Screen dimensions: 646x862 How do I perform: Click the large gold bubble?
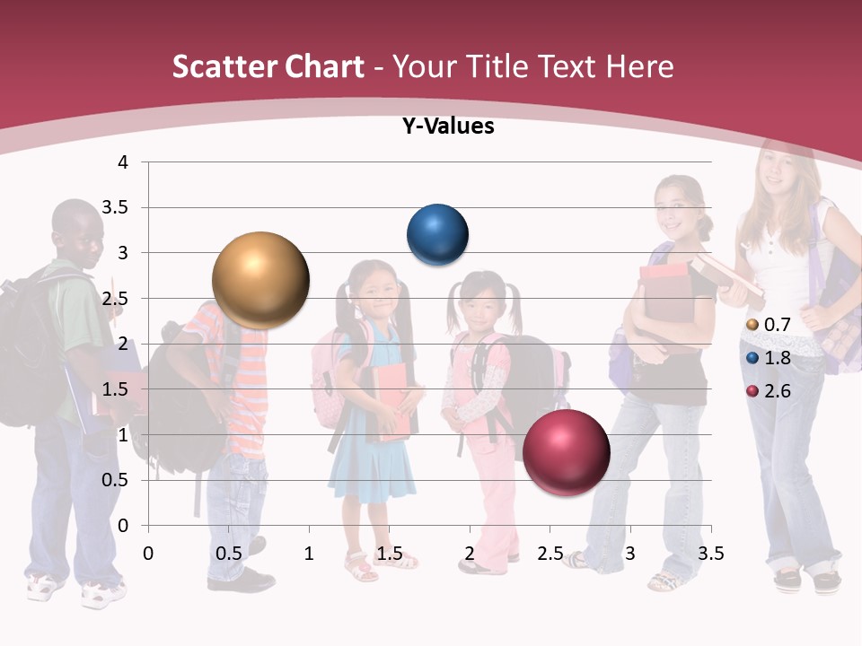(x=261, y=281)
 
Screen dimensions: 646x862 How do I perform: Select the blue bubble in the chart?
(x=438, y=235)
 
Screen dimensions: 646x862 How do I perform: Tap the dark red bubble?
(x=567, y=452)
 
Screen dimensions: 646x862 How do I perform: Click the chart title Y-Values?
(x=448, y=127)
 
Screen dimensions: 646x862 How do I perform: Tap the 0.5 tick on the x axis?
(x=229, y=554)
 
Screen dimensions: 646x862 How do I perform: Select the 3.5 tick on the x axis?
(x=710, y=554)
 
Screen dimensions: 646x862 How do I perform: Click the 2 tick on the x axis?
(x=469, y=554)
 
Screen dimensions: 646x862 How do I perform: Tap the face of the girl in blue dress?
(x=372, y=292)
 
